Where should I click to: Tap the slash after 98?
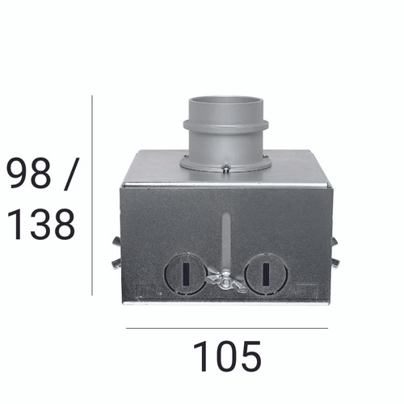68,175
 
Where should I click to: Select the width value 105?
227,356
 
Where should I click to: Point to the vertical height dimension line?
92,195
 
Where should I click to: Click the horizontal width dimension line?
227,328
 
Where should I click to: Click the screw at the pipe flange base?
226,169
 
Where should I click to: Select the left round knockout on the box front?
185,274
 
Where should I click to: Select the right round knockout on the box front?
266,274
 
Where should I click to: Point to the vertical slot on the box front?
226,238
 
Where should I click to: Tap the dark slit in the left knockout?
185,274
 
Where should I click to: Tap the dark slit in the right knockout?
266,274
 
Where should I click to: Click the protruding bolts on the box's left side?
116,252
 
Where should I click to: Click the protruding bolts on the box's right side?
335,252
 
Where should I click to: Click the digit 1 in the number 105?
200,356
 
